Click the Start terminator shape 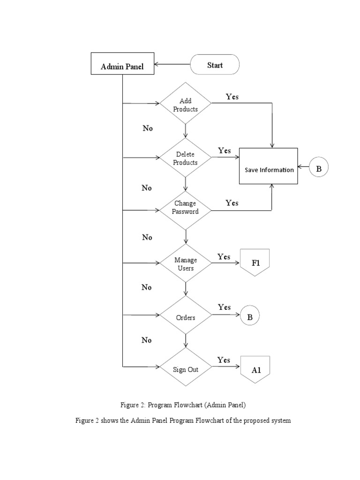[215, 65]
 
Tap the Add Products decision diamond [186, 105]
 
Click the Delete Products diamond [186, 158]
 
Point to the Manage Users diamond [186, 264]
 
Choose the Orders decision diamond [186, 317]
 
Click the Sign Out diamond [186, 369]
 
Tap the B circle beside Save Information [319, 169]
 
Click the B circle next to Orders [250, 317]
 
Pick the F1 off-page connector [255, 262]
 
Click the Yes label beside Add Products [232, 97]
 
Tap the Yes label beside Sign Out [224, 360]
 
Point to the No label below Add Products [148, 128]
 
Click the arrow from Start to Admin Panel [172, 65]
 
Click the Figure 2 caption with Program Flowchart [183, 404]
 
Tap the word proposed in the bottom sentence [261, 420]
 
